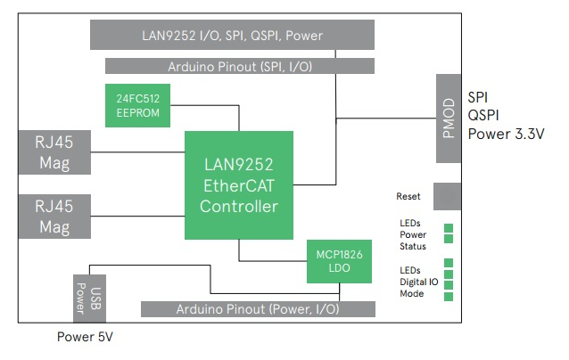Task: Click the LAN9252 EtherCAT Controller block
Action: coord(239,184)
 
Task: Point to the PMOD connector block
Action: coord(449,119)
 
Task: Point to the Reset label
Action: coord(408,196)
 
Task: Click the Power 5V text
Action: coord(85,338)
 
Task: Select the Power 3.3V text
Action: coord(506,134)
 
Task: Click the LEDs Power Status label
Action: coord(412,234)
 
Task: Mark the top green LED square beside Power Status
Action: coord(449,227)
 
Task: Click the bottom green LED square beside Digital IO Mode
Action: coord(449,297)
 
